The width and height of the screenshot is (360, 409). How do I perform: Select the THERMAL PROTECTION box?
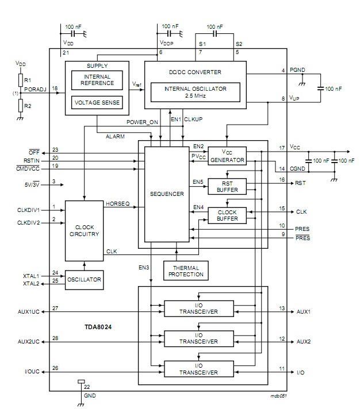pos(185,270)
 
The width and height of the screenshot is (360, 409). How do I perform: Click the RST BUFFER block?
pos(227,187)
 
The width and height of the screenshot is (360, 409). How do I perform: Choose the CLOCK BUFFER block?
pos(227,215)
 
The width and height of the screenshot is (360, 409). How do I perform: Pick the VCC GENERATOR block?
pos(227,156)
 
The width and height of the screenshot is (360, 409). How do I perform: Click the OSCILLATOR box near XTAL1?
pos(84,280)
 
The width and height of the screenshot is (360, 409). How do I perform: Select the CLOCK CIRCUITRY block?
pos(84,230)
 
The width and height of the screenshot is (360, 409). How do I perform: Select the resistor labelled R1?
pos(21,79)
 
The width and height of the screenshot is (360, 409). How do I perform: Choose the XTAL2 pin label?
pos(32,284)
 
